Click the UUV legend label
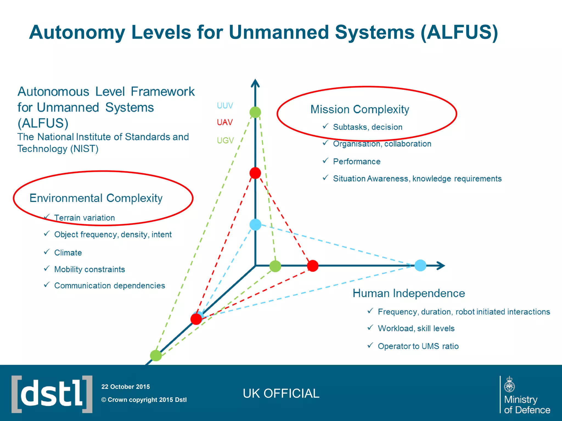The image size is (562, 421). pos(225,106)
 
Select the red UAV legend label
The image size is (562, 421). pos(225,122)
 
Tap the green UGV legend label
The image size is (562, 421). pos(225,140)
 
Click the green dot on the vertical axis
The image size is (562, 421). pos(255,112)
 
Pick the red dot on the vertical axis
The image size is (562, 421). pos(255,173)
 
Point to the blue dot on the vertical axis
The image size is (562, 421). pos(255,224)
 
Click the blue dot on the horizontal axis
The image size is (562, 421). pos(420,265)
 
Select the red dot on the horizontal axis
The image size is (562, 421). pos(313,266)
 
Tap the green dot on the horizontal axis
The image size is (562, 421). pos(275,266)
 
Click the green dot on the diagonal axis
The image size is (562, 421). pos(156,355)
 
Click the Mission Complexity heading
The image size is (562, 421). pos(359,109)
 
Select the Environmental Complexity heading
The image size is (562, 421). pos(96,198)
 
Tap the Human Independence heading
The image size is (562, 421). pos(409,293)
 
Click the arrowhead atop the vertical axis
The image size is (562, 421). pos(255,83)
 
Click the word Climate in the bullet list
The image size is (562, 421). pos(68,252)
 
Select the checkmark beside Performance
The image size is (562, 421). pos(325,161)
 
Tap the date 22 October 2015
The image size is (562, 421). pos(125,387)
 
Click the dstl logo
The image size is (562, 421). pos(52,394)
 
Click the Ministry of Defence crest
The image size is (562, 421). pos(509,384)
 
